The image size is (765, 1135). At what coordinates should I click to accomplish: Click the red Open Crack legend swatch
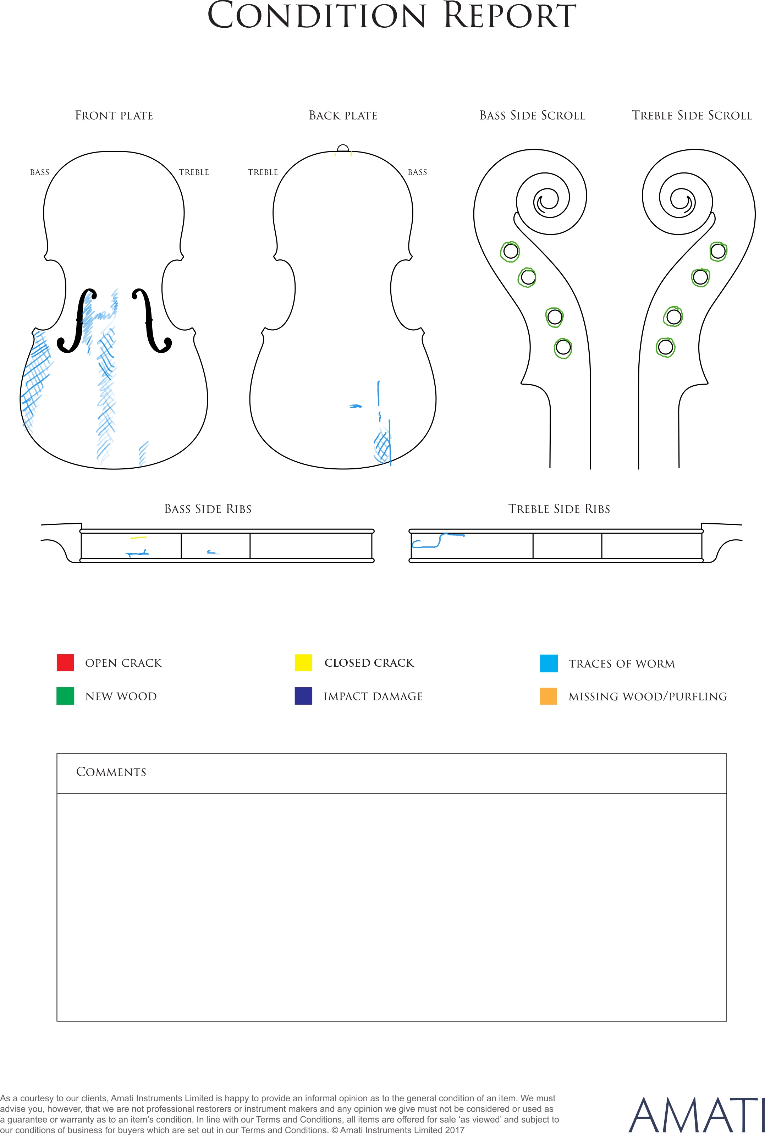click(65, 662)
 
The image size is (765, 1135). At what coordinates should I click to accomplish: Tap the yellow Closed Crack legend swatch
click(303, 662)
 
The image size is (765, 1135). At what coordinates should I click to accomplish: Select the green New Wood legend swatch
click(65, 696)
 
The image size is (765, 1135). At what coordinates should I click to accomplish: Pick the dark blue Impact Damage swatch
click(303, 696)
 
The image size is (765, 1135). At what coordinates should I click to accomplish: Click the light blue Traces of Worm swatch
click(549, 663)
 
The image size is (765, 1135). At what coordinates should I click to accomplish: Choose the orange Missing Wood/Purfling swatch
click(549, 696)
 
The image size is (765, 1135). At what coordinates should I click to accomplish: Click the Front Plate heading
click(114, 116)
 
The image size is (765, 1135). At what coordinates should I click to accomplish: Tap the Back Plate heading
click(343, 116)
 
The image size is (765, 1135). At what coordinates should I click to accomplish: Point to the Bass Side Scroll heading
click(532, 116)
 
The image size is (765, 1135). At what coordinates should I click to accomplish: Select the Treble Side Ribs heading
click(559, 509)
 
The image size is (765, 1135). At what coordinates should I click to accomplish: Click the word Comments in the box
click(111, 772)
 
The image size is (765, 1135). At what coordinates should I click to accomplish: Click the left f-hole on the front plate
click(77, 320)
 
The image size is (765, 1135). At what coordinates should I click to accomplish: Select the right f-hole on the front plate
click(152, 320)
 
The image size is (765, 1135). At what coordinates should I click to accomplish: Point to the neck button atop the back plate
click(343, 148)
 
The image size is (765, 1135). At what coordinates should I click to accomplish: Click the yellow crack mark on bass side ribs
click(138, 538)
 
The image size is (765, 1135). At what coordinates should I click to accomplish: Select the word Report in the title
click(510, 16)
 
